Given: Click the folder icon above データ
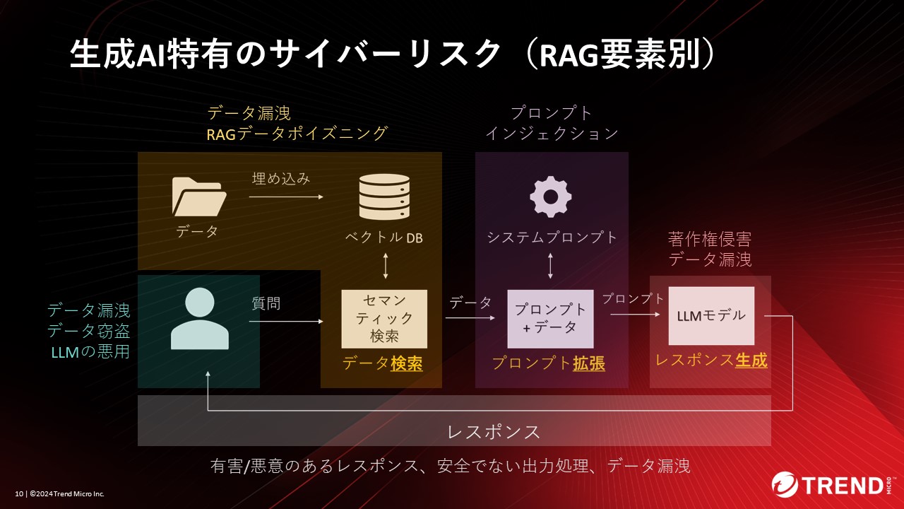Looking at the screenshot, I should point(198,196).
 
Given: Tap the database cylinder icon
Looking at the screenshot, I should point(384,197).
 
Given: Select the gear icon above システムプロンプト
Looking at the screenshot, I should point(551,196).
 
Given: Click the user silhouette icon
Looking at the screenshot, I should point(200,320).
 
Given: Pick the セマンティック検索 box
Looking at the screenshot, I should point(384,319).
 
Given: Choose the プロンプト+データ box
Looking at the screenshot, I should point(550,319).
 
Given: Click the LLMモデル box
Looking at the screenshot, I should point(711,316).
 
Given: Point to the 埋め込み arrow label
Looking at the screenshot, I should point(281,178).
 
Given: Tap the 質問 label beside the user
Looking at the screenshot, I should point(266,303).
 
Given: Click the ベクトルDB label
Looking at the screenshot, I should point(384,238).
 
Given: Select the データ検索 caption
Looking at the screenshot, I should point(382,363).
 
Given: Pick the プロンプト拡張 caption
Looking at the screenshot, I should point(549,363).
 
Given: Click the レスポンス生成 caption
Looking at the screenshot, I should point(711,361).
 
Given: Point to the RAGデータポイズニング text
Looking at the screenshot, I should point(297,134).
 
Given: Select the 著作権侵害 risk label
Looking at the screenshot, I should point(710,238).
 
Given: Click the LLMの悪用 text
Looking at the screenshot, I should point(90,351).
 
